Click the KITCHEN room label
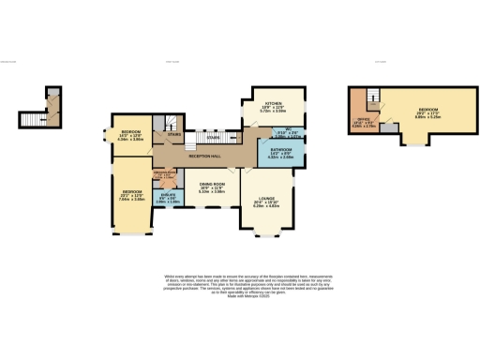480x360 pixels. [x=274, y=103]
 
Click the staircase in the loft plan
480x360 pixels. [x=373, y=95]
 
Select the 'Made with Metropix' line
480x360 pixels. [x=239, y=296]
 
